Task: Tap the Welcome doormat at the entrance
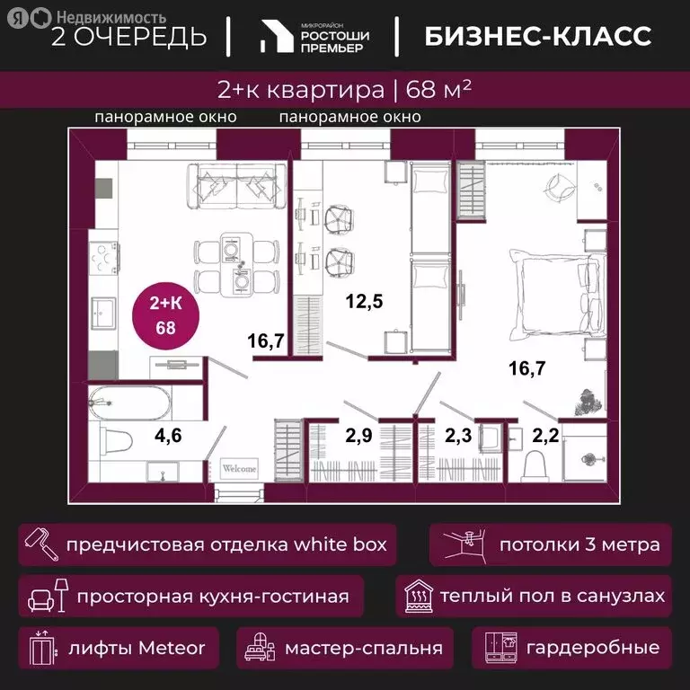coord(239,468)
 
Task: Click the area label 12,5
coord(365,302)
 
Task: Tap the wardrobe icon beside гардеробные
coord(500,648)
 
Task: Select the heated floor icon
coord(419,597)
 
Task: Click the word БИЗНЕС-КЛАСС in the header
coord(537,37)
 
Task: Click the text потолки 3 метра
coord(579,544)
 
